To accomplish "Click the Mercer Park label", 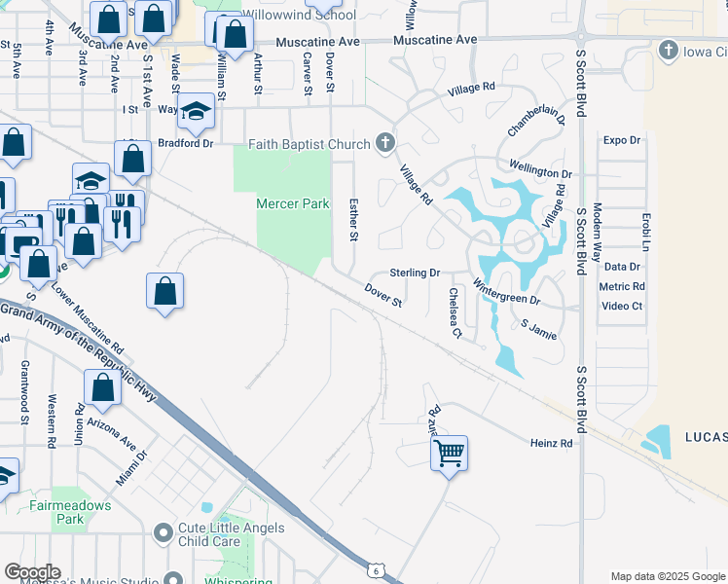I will click(x=292, y=204).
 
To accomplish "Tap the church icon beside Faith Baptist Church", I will click(x=385, y=145).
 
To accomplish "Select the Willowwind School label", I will click(x=298, y=16).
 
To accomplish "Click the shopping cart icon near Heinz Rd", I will click(x=449, y=452).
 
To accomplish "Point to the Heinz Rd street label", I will click(x=551, y=443).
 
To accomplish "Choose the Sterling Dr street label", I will click(x=416, y=274).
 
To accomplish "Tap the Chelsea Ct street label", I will click(x=455, y=313).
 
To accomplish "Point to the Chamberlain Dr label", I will click(x=536, y=122).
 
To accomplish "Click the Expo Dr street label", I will click(x=621, y=140).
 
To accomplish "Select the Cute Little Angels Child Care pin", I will click(x=164, y=533).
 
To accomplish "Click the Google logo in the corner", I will click(x=32, y=572).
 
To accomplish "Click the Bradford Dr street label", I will click(x=185, y=143).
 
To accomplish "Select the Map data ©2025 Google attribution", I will click(x=667, y=576).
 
